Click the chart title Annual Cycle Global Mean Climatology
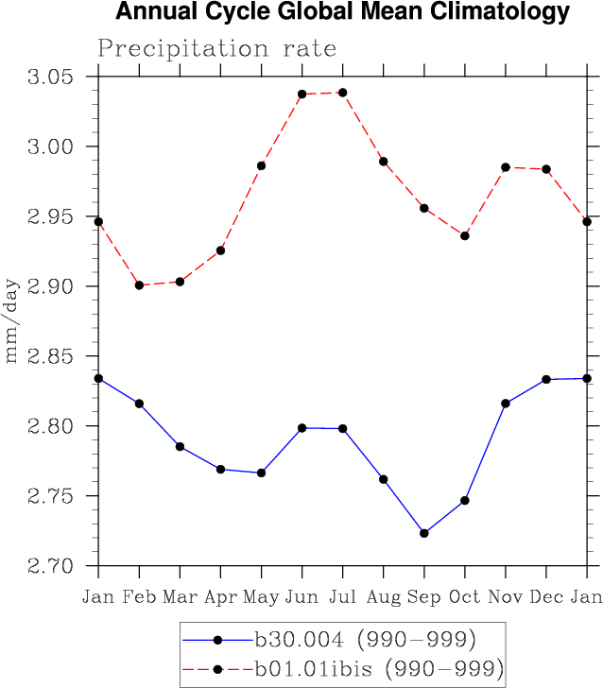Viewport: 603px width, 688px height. [342, 12]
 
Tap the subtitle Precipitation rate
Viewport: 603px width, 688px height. [216, 48]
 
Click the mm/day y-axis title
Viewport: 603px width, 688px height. [13, 321]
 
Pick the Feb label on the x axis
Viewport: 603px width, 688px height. [139, 596]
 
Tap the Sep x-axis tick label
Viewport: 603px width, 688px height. [424, 596]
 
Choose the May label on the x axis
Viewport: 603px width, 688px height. [261, 598]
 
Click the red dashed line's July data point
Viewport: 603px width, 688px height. [342, 93]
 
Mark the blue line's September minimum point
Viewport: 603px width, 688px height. [424, 533]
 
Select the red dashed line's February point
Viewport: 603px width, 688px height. [139, 284]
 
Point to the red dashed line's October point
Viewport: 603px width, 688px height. [465, 235]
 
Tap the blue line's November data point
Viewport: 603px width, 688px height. [506, 404]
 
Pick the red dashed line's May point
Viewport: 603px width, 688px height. [261, 165]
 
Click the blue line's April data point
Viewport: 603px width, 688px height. [220, 469]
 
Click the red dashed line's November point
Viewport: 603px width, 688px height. [506, 167]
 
